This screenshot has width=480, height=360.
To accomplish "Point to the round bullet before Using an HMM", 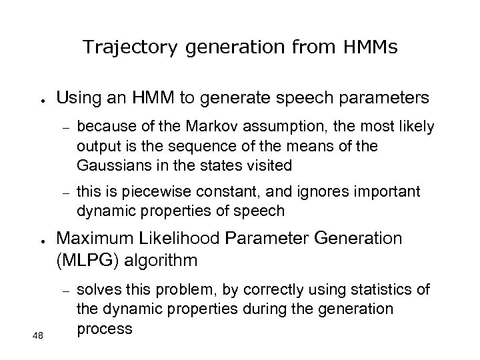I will [41, 101].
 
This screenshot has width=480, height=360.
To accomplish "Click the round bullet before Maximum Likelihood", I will [41, 241].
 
